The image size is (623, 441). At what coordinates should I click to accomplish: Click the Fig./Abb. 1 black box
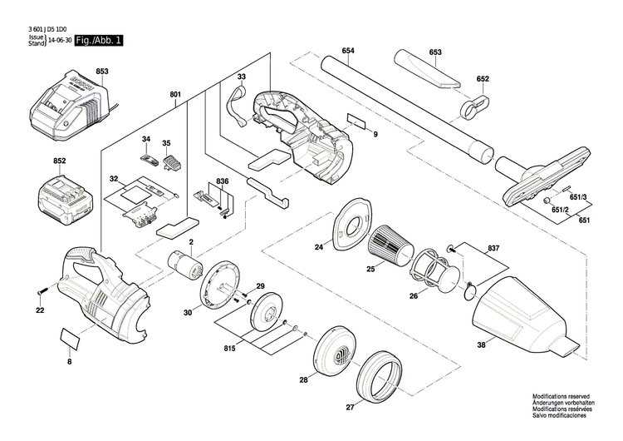(97, 40)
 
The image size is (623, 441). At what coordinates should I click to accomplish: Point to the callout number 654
(347, 51)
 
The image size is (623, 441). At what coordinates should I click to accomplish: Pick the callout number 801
(174, 95)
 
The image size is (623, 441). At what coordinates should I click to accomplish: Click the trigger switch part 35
(174, 163)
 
